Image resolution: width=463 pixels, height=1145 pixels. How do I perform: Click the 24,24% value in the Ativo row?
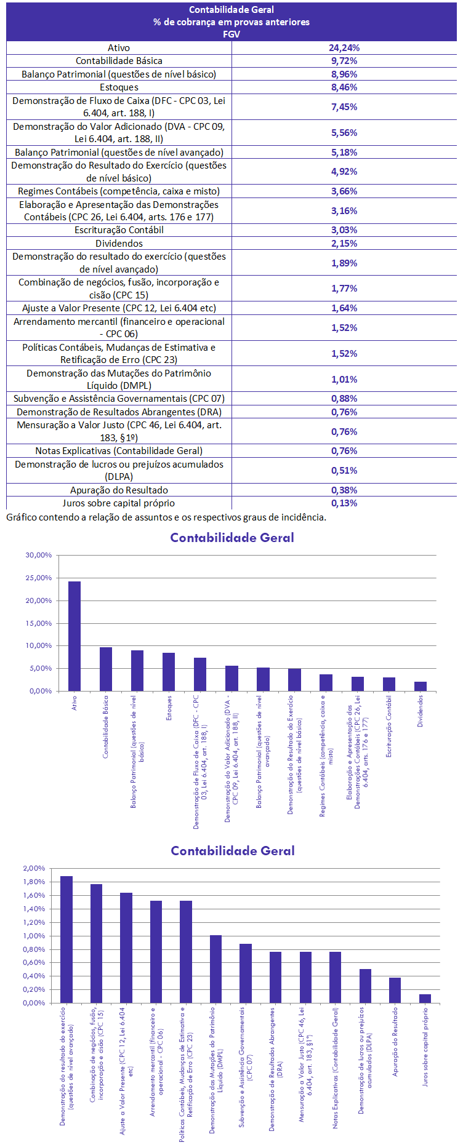(344, 47)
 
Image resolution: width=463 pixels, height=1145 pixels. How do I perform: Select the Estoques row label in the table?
(119, 87)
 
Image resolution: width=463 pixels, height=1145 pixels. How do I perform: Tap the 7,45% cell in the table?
(344, 106)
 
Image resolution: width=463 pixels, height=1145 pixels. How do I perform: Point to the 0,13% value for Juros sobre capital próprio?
(344, 503)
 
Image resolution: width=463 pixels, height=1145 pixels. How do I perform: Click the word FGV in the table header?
(231, 34)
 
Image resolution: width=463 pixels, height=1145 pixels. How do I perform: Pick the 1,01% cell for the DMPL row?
(344, 380)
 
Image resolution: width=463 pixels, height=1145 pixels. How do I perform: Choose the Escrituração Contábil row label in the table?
(119, 230)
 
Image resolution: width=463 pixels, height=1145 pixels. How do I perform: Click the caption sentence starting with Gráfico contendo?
(166, 517)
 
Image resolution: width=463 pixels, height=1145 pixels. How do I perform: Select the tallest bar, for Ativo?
(74, 636)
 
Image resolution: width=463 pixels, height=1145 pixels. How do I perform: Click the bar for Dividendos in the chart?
(421, 686)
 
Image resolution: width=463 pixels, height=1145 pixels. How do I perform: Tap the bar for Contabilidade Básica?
(106, 669)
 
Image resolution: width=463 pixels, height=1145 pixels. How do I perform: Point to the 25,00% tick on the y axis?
(39, 578)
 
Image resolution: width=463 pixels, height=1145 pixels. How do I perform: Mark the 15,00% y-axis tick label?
(39, 623)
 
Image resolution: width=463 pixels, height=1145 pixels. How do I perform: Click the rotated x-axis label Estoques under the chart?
(169, 708)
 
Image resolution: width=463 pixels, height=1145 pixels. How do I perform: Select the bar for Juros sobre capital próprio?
(425, 999)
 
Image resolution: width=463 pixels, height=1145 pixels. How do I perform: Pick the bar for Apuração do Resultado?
(395, 990)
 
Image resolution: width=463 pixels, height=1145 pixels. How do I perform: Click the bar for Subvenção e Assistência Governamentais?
(246, 973)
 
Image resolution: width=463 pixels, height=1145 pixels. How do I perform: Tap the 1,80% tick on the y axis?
(34, 882)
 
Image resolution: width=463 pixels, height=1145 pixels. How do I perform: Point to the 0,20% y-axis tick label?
(34, 989)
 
